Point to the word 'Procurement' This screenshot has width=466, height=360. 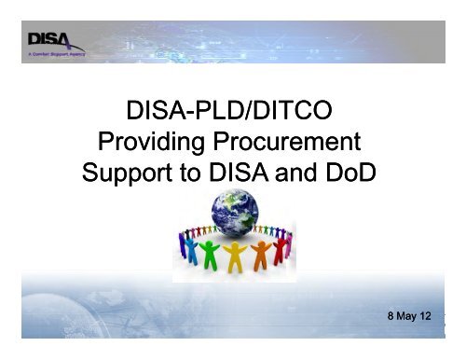pos(287,145)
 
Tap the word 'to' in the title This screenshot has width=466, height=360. pos(191,173)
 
